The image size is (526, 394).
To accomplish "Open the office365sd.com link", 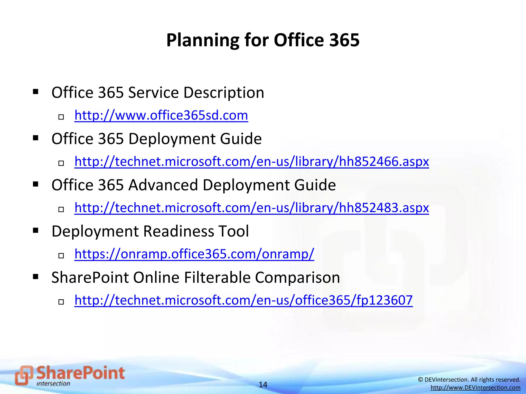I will tap(161, 115).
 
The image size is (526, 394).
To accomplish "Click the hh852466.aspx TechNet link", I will tap(251, 161).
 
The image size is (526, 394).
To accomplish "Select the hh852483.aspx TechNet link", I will tap(251, 208).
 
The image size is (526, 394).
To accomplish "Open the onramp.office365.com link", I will tap(194, 254).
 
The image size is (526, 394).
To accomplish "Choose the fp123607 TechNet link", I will tap(243, 300).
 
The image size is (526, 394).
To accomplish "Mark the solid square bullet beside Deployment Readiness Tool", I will tap(36, 230).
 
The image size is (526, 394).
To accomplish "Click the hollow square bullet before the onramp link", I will tap(61, 255).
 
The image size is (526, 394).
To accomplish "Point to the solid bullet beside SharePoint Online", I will tap(36, 277).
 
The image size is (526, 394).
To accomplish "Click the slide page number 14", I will tap(263, 385).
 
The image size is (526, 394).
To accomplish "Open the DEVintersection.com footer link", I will tap(475, 388).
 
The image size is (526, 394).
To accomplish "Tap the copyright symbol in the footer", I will tap(420, 380).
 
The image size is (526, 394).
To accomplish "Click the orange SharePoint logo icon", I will tap(24, 375).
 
